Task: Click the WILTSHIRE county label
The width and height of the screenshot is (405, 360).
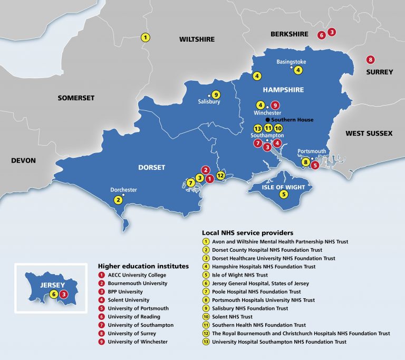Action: point(197,40)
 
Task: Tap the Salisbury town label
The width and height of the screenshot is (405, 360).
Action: point(209,102)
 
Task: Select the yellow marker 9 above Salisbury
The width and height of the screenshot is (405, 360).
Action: point(216,94)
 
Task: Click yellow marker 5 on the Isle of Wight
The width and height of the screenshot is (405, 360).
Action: point(284,194)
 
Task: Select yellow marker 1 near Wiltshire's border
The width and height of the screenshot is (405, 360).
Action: point(146,37)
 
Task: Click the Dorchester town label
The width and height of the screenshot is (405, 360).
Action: point(123,190)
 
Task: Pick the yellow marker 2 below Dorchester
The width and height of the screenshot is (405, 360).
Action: point(119,200)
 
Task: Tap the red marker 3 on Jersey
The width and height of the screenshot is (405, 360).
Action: point(64,295)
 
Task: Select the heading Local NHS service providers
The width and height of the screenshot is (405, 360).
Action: point(247,232)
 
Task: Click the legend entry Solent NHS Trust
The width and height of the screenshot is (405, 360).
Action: point(233,317)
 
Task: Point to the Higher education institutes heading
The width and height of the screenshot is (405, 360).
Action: point(143,266)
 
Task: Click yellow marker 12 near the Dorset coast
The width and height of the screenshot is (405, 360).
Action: point(220,175)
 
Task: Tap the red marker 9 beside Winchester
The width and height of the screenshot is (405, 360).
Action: point(275,105)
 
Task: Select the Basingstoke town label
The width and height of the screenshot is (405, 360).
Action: point(291,62)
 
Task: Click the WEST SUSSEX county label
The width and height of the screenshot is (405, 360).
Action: point(369,134)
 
